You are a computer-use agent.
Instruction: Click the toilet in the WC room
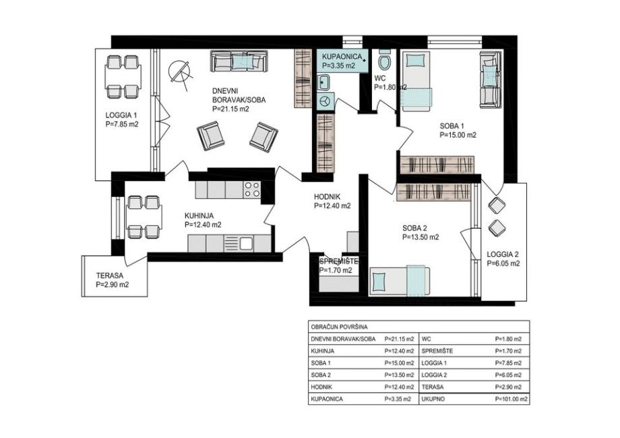pyautogui.click(x=384, y=59)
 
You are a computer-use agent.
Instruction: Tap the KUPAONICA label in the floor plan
pyautogui.click(x=342, y=57)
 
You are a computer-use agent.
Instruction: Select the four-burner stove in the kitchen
pyautogui.click(x=252, y=189)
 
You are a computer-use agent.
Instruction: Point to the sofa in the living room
pyautogui.click(x=239, y=61)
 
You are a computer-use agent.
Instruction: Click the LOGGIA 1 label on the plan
pyautogui.click(x=121, y=115)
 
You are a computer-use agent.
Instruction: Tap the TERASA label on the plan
pyautogui.click(x=110, y=275)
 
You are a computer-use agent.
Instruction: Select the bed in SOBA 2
pyautogui.click(x=400, y=281)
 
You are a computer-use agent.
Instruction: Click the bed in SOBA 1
pyautogui.click(x=416, y=81)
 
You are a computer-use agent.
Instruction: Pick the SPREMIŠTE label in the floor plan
pyautogui.click(x=339, y=261)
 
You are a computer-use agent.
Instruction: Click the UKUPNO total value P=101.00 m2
pyautogui.click(x=511, y=399)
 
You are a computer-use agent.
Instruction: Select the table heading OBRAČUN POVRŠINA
pyautogui.click(x=339, y=327)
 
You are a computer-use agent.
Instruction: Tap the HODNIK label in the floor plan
pyautogui.click(x=327, y=196)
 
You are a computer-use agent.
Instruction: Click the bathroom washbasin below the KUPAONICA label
pyautogui.click(x=325, y=82)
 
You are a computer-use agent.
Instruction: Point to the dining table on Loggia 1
pyautogui.click(x=123, y=77)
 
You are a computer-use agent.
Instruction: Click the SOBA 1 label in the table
pyautogui.click(x=319, y=363)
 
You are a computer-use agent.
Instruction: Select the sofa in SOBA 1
pyautogui.click(x=491, y=80)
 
